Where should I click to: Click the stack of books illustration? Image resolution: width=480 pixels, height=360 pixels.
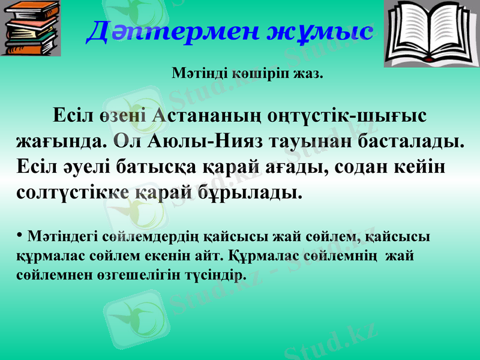tap(31, 28)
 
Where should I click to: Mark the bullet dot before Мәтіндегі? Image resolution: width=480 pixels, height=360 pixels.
tap(20, 233)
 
